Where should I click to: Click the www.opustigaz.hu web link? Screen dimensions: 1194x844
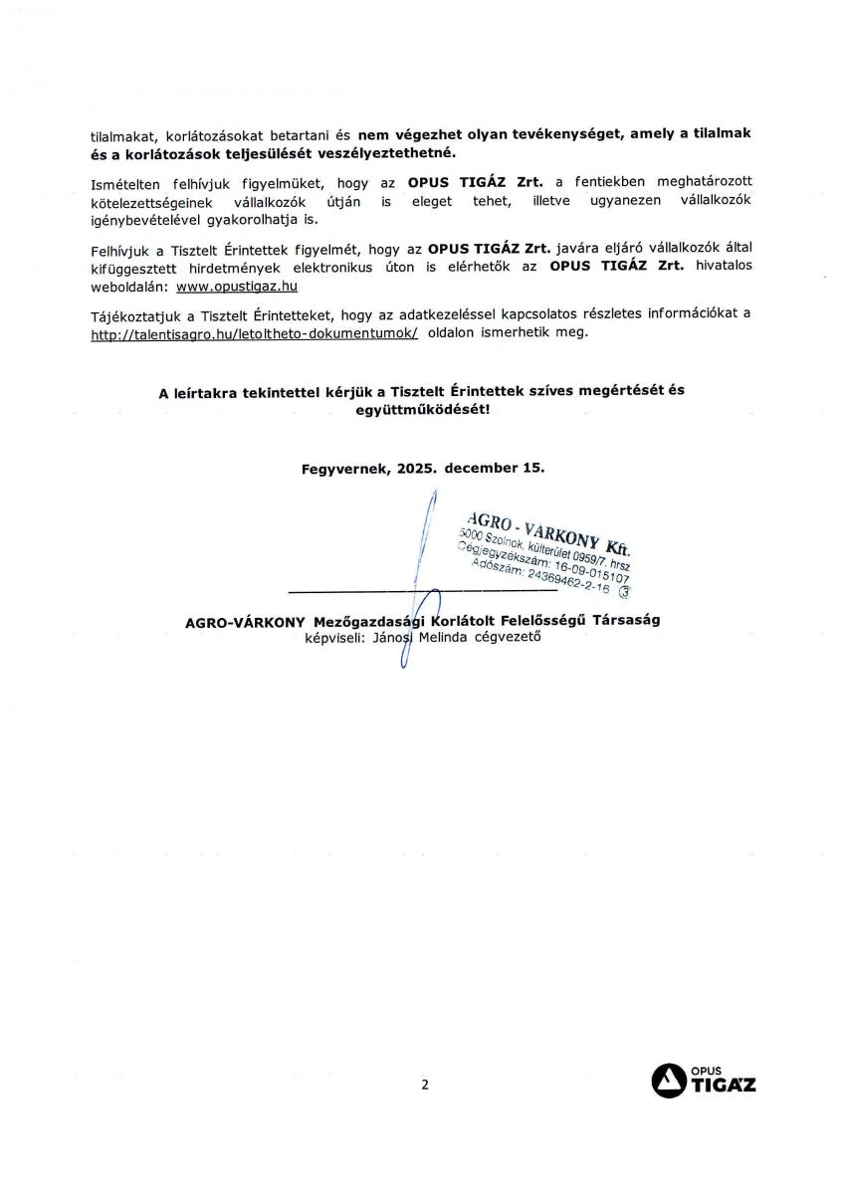coord(237,286)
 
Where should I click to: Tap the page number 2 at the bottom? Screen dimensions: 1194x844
coord(424,1086)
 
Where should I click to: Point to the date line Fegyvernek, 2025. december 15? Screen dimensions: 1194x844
coord(423,468)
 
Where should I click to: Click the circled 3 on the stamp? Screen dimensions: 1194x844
coord(625,591)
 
